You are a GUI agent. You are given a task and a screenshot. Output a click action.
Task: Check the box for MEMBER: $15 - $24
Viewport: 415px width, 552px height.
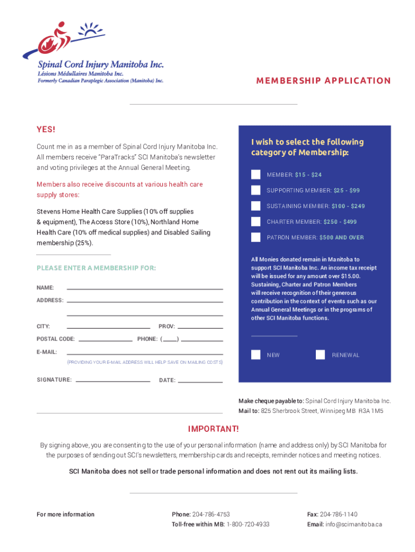click(256, 175)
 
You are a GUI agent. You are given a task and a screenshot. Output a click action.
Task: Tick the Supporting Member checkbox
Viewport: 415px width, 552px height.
click(256, 190)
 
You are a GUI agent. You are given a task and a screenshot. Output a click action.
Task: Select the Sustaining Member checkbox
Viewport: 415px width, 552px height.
click(256, 206)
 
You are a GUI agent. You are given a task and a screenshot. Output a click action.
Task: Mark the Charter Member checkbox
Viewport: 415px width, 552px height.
click(256, 222)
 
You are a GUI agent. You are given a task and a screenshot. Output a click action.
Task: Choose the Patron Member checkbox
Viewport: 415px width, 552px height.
click(256, 237)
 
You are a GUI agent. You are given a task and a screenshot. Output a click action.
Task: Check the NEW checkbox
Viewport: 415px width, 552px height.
click(256, 355)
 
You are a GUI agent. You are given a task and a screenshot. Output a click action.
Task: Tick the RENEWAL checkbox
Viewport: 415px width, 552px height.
click(321, 355)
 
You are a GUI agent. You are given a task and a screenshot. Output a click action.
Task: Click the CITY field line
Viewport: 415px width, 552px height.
click(108, 327)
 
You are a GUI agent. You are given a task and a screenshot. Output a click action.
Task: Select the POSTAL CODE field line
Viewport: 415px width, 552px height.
click(105, 340)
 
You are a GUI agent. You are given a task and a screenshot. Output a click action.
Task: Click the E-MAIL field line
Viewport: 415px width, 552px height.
click(144, 353)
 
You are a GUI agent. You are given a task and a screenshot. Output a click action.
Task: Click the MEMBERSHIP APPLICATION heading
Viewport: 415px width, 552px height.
click(323, 81)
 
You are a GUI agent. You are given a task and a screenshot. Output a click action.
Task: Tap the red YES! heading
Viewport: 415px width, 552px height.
click(46, 129)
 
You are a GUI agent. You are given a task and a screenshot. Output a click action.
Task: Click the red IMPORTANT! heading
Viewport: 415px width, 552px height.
click(213, 429)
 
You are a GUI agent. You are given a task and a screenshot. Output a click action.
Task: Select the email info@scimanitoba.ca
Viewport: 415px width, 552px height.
click(353, 524)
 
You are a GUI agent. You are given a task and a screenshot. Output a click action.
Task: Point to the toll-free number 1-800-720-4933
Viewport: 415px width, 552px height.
click(248, 524)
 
